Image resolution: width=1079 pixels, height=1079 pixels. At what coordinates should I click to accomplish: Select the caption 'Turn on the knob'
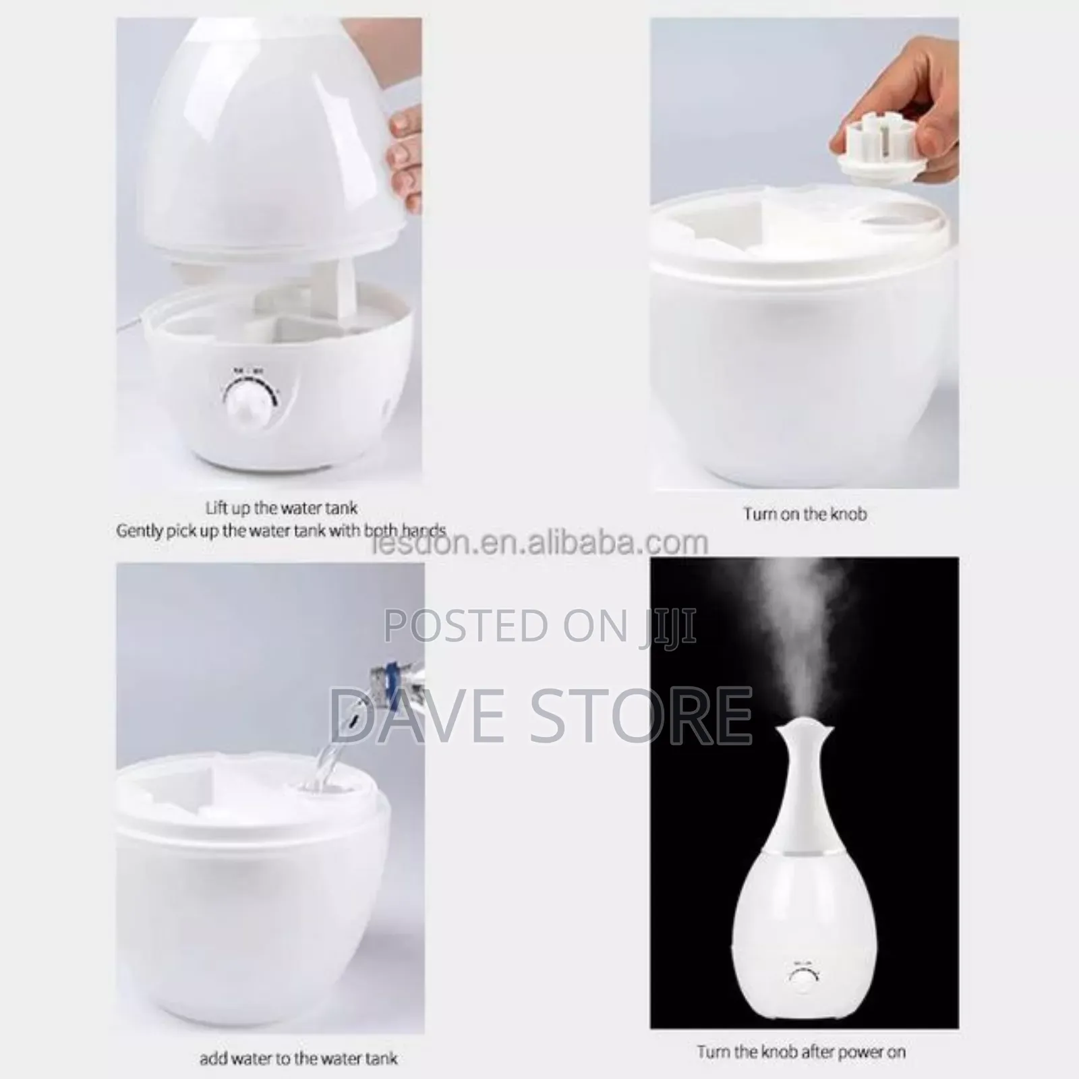[x=805, y=514]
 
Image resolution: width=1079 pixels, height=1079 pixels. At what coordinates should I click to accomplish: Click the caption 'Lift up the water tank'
[x=281, y=507]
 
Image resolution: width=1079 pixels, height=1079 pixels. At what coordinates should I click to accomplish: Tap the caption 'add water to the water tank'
[x=298, y=1059]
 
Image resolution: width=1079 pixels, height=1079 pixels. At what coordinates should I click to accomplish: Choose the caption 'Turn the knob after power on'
[x=801, y=1051]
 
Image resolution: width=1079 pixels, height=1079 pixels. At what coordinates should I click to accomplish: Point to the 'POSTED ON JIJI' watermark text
[x=539, y=625]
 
